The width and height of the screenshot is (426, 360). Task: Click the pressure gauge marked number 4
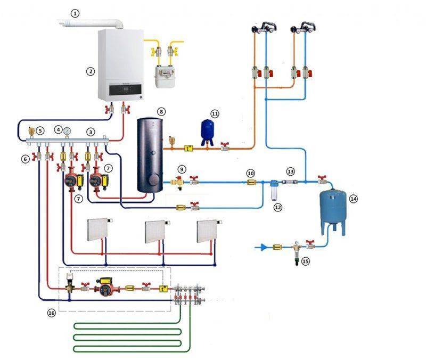66,130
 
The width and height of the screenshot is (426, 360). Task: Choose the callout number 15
305,261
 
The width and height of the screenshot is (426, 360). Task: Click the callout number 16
51,313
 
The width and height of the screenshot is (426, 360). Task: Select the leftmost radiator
98,231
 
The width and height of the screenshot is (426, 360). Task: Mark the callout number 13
290,171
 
